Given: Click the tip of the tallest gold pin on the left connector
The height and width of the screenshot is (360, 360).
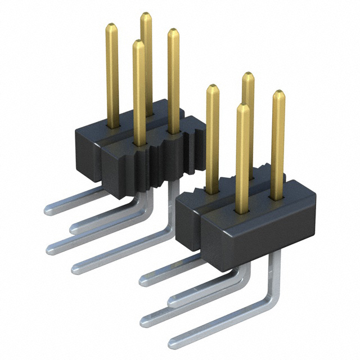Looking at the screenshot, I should pos(146,14).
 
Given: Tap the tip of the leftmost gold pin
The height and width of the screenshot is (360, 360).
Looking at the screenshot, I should pos(111,26).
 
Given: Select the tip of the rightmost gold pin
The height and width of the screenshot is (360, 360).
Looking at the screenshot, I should pos(278,93).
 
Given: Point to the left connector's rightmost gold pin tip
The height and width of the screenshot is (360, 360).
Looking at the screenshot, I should pos(173,31).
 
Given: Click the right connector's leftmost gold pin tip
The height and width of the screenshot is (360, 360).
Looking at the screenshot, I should pos(212,87).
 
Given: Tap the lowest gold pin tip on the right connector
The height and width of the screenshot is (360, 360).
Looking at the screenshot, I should pos(242,106).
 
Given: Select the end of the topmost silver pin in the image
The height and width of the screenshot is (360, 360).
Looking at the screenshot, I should pos(48,210).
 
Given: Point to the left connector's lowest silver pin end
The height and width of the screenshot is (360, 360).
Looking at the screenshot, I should pos(75,268).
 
